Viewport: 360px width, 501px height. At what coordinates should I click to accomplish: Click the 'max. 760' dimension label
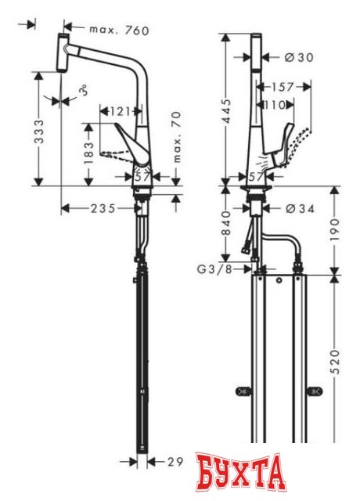[118, 31]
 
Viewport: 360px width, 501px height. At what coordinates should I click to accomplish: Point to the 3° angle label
[82, 95]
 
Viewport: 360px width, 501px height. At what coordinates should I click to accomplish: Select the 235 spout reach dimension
[102, 208]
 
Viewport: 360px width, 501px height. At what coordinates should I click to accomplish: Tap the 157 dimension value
[283, 87]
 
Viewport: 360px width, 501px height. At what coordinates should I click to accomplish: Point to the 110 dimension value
[274, 104]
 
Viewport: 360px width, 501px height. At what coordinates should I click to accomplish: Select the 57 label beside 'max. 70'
[142, 178]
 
